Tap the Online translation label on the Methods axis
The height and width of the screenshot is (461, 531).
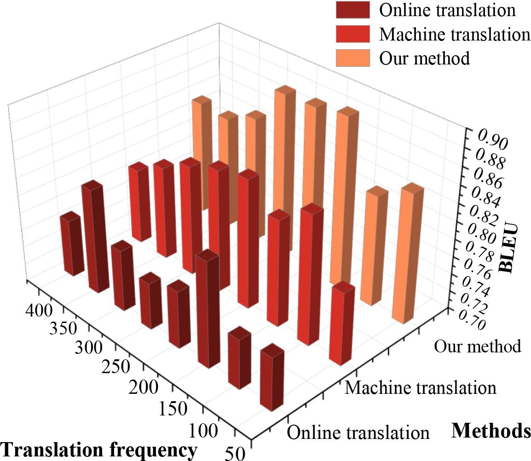pyautogui.click(x=358, y=432)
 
